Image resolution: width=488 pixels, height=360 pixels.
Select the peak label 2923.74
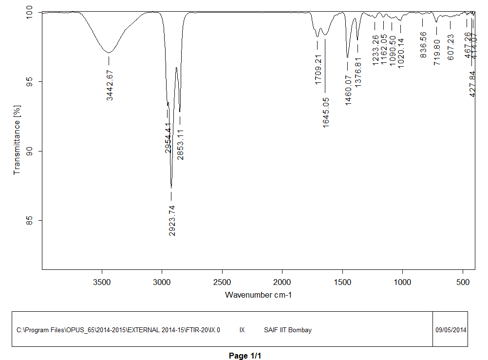pyautogui.click(x=171, y=220)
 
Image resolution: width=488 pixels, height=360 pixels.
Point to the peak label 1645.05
pyautogui.click(x=325, y=112)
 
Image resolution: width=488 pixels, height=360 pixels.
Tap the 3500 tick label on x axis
pyautogui.click(x=102, y=282)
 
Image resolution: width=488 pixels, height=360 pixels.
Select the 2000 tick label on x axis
pyautogui.click(x=282, y=282)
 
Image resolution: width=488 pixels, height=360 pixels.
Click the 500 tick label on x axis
pyautogui.click(x=463, y=282)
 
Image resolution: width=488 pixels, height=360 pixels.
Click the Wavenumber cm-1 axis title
pyautogui.click(x=258, y=295)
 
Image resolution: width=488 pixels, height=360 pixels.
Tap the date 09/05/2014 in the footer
pyautogui.click(x=450, y=330)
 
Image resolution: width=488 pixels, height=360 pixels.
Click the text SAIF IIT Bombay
pyautogui.click(x=287, y=330)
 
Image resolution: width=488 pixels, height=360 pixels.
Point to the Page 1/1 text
pyautogui.click(x=245, y=356)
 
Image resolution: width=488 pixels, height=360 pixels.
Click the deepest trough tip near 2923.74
pyautogui.click(x=171, y=188)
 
